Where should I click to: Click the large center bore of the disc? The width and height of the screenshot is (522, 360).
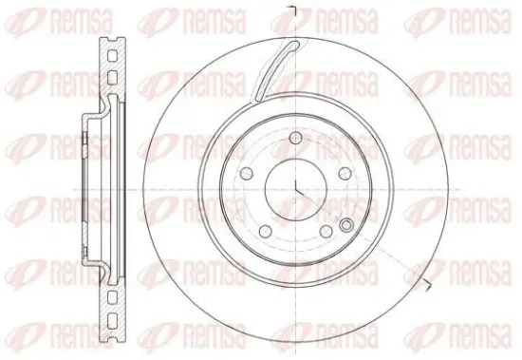click(x=295, y=190)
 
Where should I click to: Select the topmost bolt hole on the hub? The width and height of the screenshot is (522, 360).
click(x=295, y=138)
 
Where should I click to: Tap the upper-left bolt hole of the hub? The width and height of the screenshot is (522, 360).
click(x=246, y=173)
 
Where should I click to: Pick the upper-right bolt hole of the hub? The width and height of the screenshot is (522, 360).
click(x=345, y=173)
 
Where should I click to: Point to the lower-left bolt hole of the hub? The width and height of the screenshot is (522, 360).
click(x=265, y=232)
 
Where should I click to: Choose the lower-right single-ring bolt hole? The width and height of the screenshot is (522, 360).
click(x=326, y=232)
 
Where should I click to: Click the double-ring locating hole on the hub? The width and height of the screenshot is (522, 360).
click(x=346, y=225)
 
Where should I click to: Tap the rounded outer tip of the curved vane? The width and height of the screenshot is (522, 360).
click(x=296, y=44)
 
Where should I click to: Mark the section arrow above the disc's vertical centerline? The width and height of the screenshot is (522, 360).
click(x=292, y=9)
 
